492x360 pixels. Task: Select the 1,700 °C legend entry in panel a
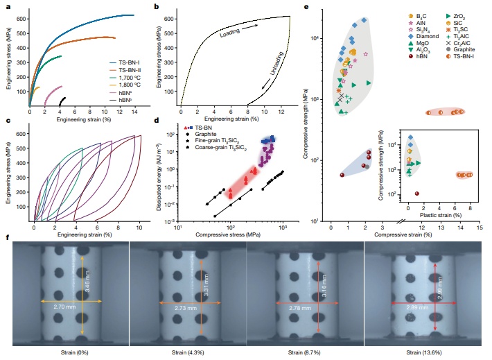coord(121,76)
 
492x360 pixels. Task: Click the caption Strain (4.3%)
coord(185,354)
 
